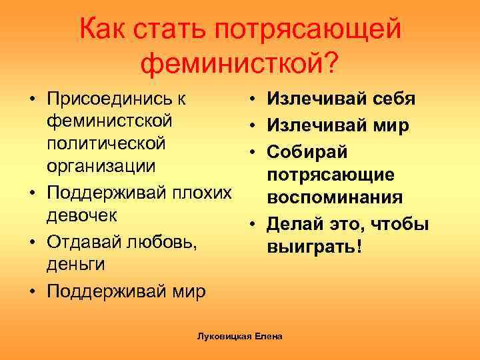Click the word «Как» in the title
tap(104, 30)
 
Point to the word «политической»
tap(106, 143)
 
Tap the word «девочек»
tap(83, 215)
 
